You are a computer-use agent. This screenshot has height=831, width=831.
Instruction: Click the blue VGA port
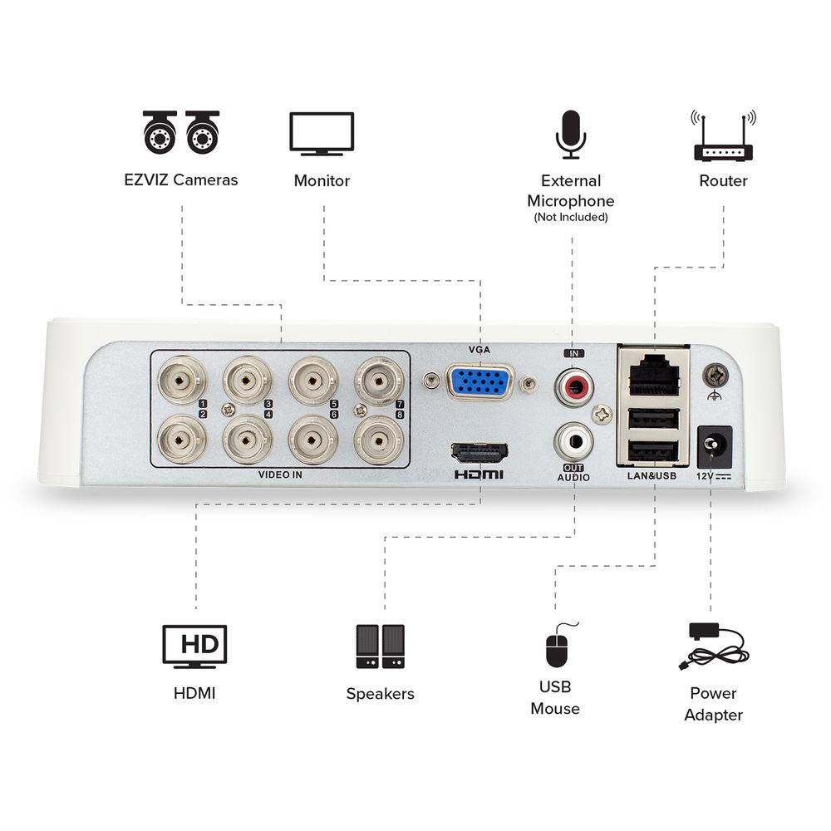pyautogui.click(x=479, y=384)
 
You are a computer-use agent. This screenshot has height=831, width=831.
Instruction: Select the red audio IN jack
pyautogui.click(x=573, y=386)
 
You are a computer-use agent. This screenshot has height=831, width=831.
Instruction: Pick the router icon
pyautogui.click(x=723, y=136)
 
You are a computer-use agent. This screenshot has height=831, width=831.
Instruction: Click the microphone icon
pyautogui.click(x=571, y=133)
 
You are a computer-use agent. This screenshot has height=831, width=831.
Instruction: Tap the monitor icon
pyautogui.click(x=322, y=134)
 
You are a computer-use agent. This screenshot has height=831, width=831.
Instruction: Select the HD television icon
pyautogui.click(x=194, y=647)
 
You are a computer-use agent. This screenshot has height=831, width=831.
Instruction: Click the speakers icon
pyautogui.click(x=380, y=647)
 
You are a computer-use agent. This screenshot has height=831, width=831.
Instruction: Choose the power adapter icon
pyautogui.click(x=711, y=647)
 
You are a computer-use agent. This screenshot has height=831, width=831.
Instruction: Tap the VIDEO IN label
pyautogui.click(x=280, y=476)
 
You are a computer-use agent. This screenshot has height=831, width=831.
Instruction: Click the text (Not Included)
pyautogui.click(x=571, y=218)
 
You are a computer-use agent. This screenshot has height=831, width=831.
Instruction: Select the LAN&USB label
pyautogui.click(x=652, y=477)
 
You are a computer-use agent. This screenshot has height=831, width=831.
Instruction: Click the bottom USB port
pyautogui.click(x=653, y=452)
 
